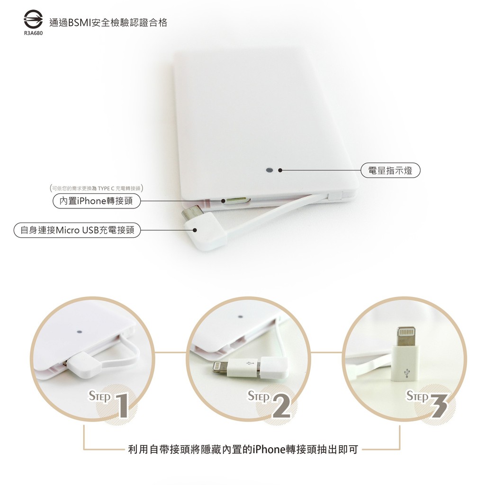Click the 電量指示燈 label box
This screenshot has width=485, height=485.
pyautogui.click(x=390, y=170)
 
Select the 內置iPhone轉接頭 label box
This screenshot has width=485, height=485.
pyautogui.click(x=96, y=201)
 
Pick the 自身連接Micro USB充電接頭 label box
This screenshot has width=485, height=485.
pyautogui.click(x=77, y=231)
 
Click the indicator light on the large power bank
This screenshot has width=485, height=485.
pyautogui.click(x=270, y=170)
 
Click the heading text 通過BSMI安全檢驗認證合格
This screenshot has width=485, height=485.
pyautogui.click(x=108, y=22)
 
